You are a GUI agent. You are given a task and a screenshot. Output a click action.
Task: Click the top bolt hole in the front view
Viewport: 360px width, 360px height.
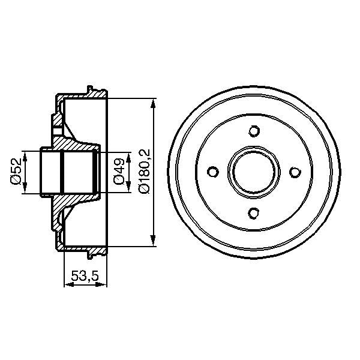(x=253, y=131)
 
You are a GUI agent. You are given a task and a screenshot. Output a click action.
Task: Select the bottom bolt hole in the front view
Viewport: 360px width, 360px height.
(x=253, y=212)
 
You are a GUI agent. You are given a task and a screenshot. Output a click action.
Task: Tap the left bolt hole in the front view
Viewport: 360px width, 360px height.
(x=212, y=172)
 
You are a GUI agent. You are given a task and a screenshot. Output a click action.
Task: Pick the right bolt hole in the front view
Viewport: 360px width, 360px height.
(x=294, y=172)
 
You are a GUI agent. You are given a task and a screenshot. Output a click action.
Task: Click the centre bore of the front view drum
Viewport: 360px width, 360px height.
(x=253, y=172)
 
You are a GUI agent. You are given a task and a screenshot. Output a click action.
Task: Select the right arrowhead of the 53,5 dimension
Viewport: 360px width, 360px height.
(x=105, y=286)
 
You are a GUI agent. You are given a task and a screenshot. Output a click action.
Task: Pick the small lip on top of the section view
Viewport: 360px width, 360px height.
(x=91, y=89)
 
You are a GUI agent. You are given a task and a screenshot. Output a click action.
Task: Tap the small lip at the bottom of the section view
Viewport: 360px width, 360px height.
(x=91, y=255)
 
